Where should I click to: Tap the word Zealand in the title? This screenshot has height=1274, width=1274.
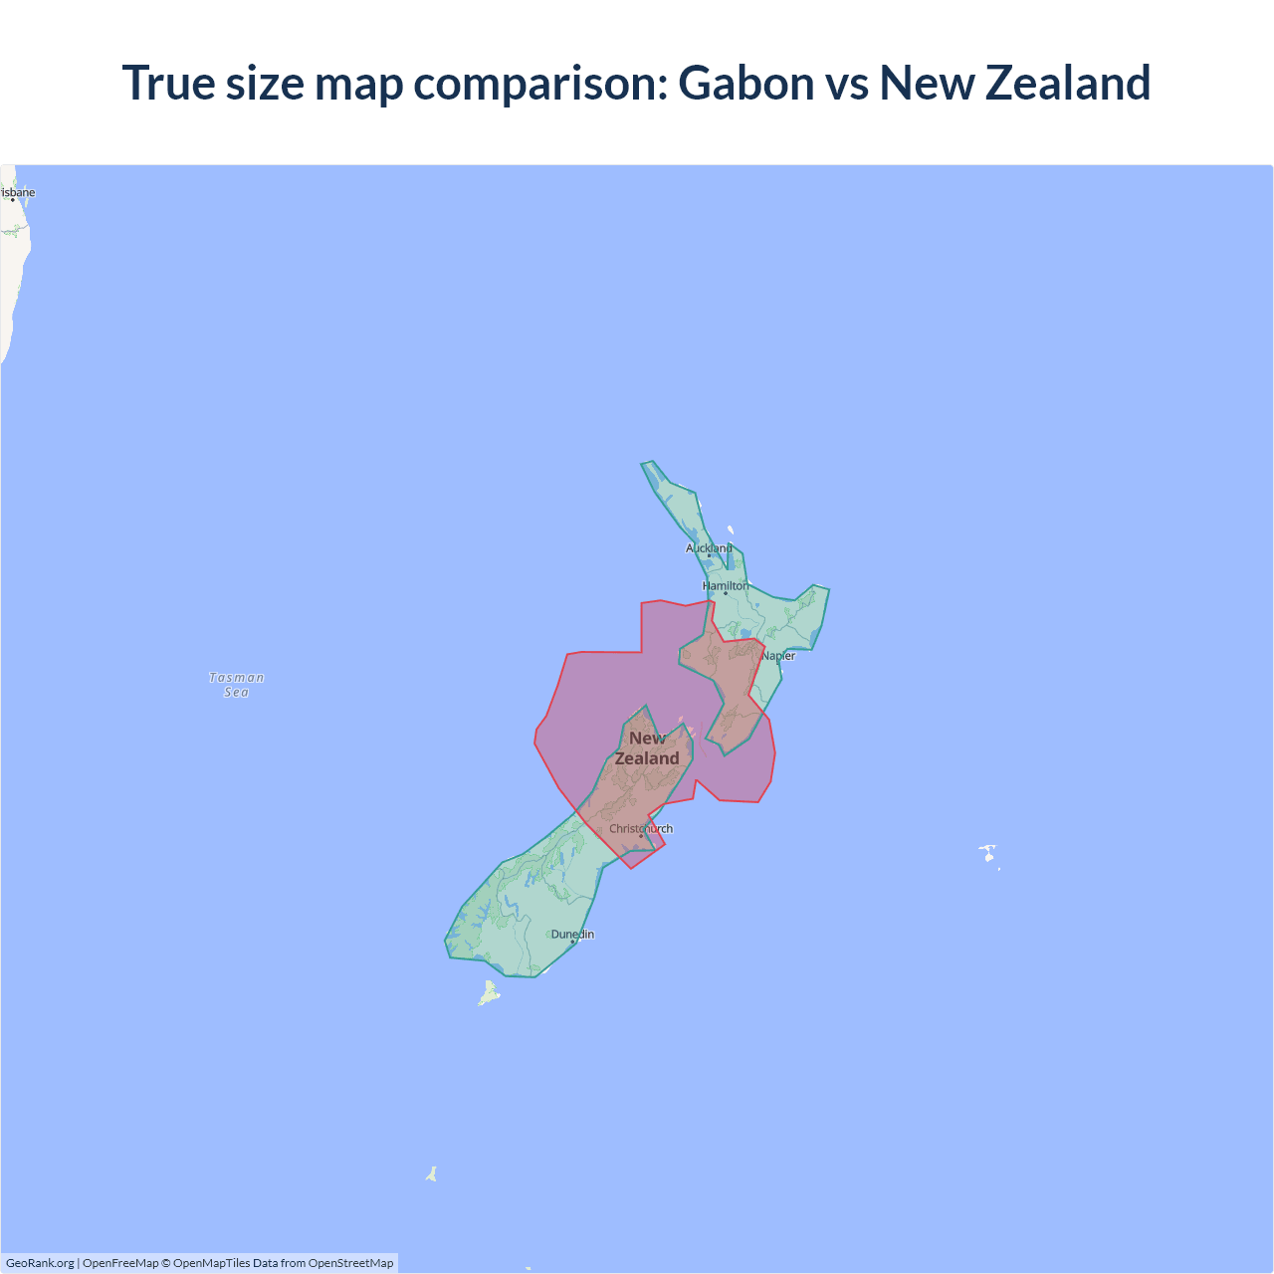[1068, 83]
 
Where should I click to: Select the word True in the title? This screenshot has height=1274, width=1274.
[167, 83]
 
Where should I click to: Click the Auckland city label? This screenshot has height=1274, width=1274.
[709, 548]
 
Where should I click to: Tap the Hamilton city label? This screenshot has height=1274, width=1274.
[726, 586]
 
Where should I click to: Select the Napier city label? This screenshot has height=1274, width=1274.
[778, 656]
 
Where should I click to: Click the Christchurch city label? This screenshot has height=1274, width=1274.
[641, 829]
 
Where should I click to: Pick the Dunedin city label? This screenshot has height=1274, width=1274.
[572, 935]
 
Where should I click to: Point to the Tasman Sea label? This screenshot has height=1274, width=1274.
[237, 685]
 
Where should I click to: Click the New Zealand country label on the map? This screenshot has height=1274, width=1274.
[647, 748]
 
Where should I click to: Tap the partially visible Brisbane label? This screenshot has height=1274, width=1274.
[18, 193]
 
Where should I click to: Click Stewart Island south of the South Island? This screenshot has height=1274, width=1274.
[489, 993]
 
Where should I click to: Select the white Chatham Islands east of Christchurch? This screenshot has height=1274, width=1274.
[987, 853]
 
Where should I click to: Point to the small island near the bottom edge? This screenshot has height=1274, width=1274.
[432, 1174]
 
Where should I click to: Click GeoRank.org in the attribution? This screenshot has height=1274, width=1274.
[40, 1263]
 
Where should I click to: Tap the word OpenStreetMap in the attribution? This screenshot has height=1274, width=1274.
[350, 1263]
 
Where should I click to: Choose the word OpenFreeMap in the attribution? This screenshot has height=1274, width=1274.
[120, 1263]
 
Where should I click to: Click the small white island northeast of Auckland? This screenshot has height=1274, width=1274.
[731, 531]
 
